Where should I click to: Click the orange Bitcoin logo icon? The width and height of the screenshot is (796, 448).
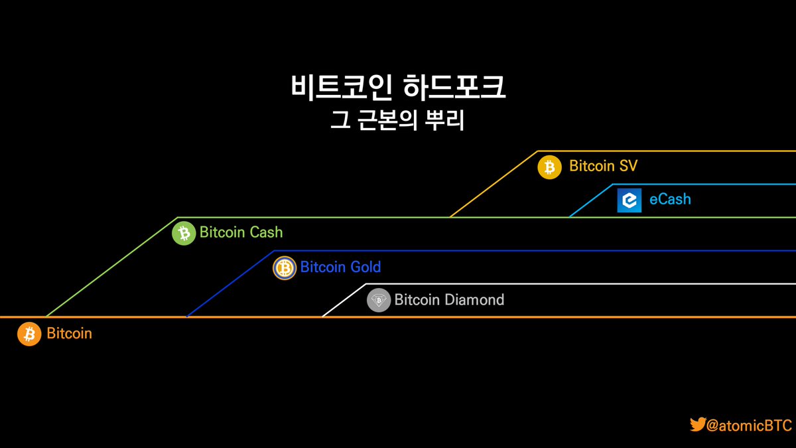pyautogui.click(x=29, y=334)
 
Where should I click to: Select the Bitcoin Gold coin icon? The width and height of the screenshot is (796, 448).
pyautogui.click(x=285, y=267)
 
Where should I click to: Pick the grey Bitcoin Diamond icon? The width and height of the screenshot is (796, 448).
pyautogui.click(x=379, y=301)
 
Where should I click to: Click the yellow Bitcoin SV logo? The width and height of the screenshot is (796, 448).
pyautogui.click(x=549, y=167)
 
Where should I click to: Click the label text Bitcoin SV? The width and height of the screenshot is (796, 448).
pyautogui.click(x=603, y=166)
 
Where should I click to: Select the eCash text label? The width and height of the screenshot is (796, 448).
pyautogui.click(x=670, y=199)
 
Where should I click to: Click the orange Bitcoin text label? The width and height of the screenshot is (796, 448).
pyautogui.click(x=69, y=333)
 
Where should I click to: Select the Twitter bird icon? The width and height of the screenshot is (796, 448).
pyautogui.click(x=697, y=425)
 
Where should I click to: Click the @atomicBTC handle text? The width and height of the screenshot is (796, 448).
pyautogui.click(x=750, y=425)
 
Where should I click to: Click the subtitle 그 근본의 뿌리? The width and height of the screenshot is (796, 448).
pyautogui.click(x=397, y=121)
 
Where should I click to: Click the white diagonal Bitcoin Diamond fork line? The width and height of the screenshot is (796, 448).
pyautogui.click(x=344, y=301)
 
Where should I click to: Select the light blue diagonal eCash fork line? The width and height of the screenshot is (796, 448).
pyautogui.click(x=590, y=200)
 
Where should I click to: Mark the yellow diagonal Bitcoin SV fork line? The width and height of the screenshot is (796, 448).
pyautogui.click(x=494, y=184)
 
